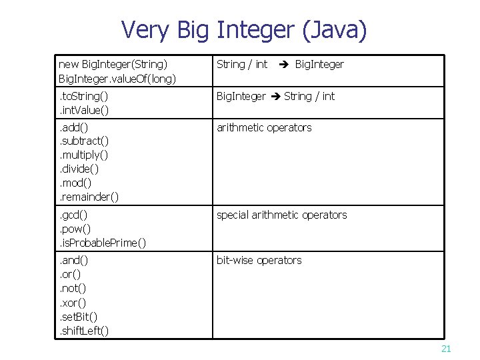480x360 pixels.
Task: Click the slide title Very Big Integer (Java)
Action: tap(243, 30)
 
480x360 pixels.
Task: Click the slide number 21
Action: tap(446, 349)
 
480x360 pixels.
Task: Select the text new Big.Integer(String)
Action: tap(113, 64)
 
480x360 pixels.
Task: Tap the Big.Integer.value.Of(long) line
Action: tap(117, 78)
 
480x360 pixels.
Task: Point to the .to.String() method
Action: tap(83, 96)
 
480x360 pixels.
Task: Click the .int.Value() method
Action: tap(84, 110)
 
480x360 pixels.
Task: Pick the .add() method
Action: tap(74, 127)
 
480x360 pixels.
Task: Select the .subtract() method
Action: tap(84, 141)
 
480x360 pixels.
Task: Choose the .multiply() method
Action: tap(83, 155)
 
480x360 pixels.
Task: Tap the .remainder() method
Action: tap(89, 196)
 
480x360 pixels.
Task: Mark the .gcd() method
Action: tap(73, 215)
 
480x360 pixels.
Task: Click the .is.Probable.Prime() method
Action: tap(103, 242)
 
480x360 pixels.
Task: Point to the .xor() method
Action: tap(73, 303)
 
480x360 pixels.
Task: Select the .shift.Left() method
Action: tap(85, 331)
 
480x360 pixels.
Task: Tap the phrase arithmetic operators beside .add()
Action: tap(264, 127)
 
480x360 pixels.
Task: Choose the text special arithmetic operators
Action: tap(281, 215)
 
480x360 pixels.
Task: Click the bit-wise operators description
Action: tap(259, 260)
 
